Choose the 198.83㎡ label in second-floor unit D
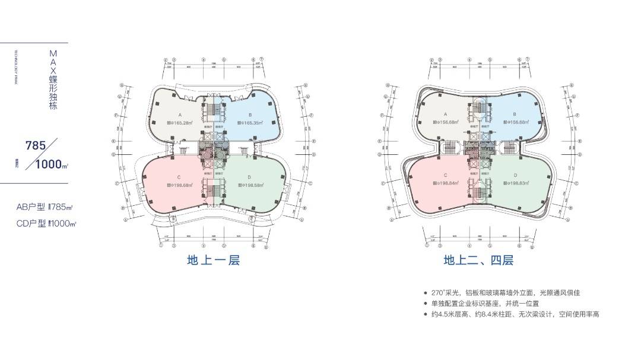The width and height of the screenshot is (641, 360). [x=515, y=183]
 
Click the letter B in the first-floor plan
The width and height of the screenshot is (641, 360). [x=250, y=114]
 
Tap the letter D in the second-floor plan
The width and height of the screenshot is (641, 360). [x=515, y=175]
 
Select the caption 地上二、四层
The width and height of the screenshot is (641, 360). [x=478, y=260]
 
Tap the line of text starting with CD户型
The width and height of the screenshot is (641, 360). [x=47, y=224]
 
